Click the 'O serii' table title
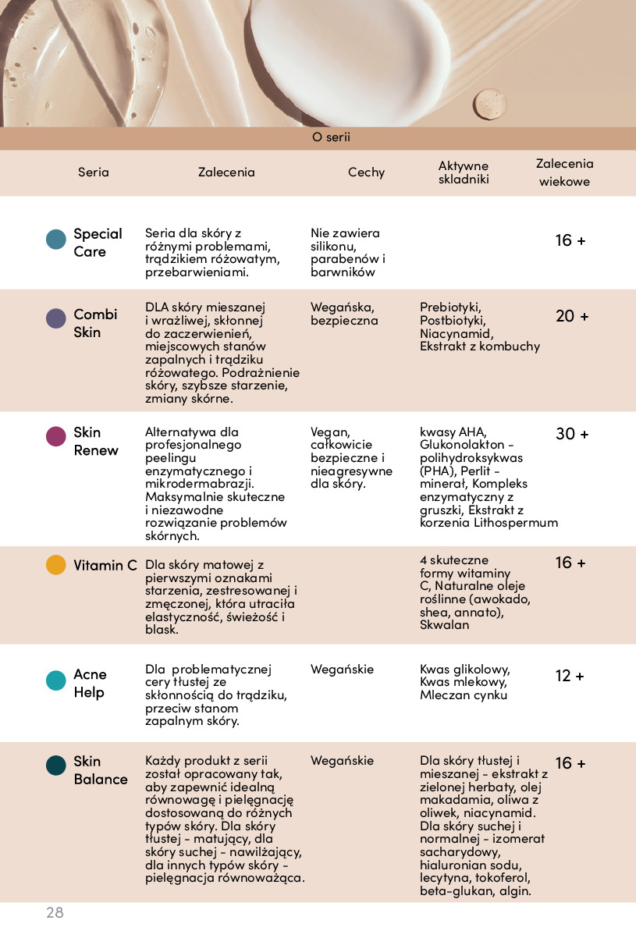tap(331, 137)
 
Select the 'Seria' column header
tap(94, 172)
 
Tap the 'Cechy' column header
tap(366, 172)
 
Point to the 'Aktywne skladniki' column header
tap(464, 172)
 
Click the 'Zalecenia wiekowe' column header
tap(564, 172)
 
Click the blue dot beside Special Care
tap(56, 240)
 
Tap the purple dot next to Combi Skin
tap(56, 318)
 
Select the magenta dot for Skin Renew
tap(56, 436)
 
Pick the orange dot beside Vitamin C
tap(56, 565)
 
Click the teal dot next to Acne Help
tap(56, 680)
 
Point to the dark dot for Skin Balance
tap(56, 766)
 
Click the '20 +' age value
tap(572, 316)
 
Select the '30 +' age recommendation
tap(572, 434)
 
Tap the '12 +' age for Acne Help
tap(570, 676)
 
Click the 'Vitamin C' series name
tap(105, 565)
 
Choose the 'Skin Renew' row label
tap(96, 441)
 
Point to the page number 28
tap(55, 912)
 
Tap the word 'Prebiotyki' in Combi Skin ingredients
tap(450, 307)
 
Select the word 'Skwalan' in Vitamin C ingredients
tap(445, 625)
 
